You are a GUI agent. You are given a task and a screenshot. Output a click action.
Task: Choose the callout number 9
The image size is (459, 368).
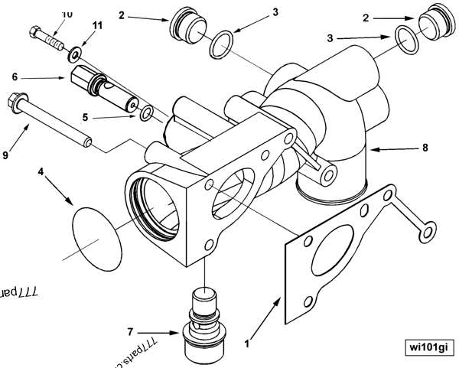(8, 155)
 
